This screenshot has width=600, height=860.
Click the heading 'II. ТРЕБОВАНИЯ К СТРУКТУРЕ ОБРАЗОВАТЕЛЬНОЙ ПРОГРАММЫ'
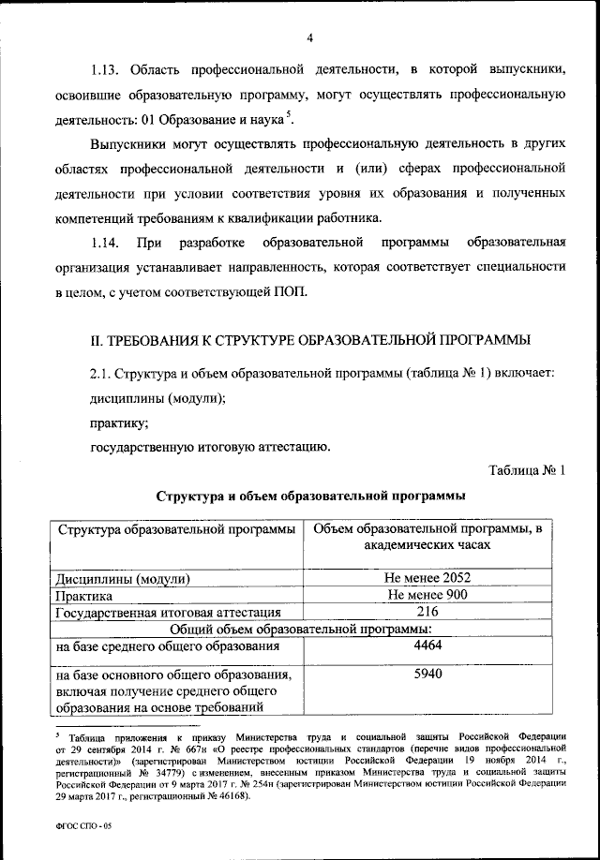pyautogui.click(x=308, y=338)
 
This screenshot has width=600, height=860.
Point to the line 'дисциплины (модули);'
pyautogui.click(x=157, y=397)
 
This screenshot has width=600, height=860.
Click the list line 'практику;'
pyautogui.click(x=120, y=422)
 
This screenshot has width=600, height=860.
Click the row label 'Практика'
pyautogui.click(x=84, y=596)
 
